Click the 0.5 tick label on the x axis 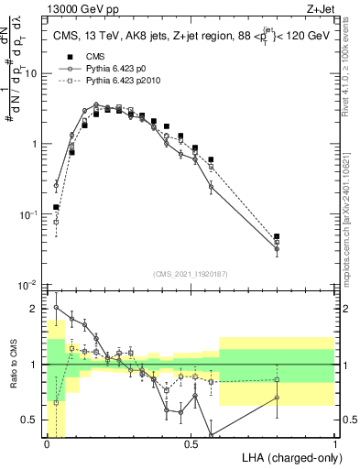coord(191,443)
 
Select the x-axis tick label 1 coord(335,443)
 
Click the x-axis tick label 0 coord(47,443)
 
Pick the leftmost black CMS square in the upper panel coord(56,207)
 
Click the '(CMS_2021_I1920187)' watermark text coord(191,273)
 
